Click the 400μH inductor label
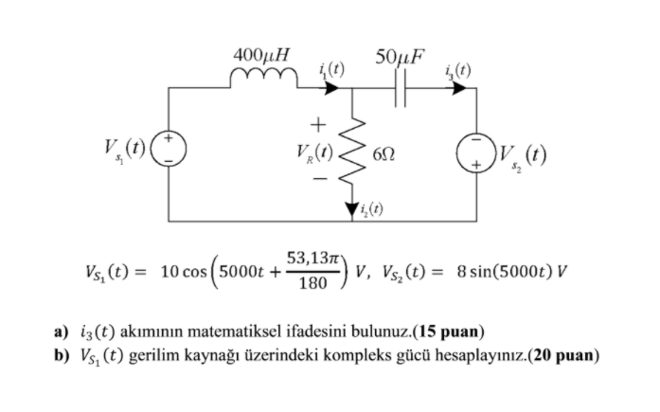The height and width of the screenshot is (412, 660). coord(262,56)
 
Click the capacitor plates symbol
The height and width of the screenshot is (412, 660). coord(399,88)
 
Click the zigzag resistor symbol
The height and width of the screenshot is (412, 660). coord(352,152)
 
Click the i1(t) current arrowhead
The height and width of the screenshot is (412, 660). coord(332,88)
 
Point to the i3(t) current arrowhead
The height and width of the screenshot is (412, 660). coord(461,88)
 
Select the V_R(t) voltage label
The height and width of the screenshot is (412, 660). coord(312,153)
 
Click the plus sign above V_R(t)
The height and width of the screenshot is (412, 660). coord(319,122)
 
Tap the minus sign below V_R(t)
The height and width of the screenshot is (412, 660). coord(319,177)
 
